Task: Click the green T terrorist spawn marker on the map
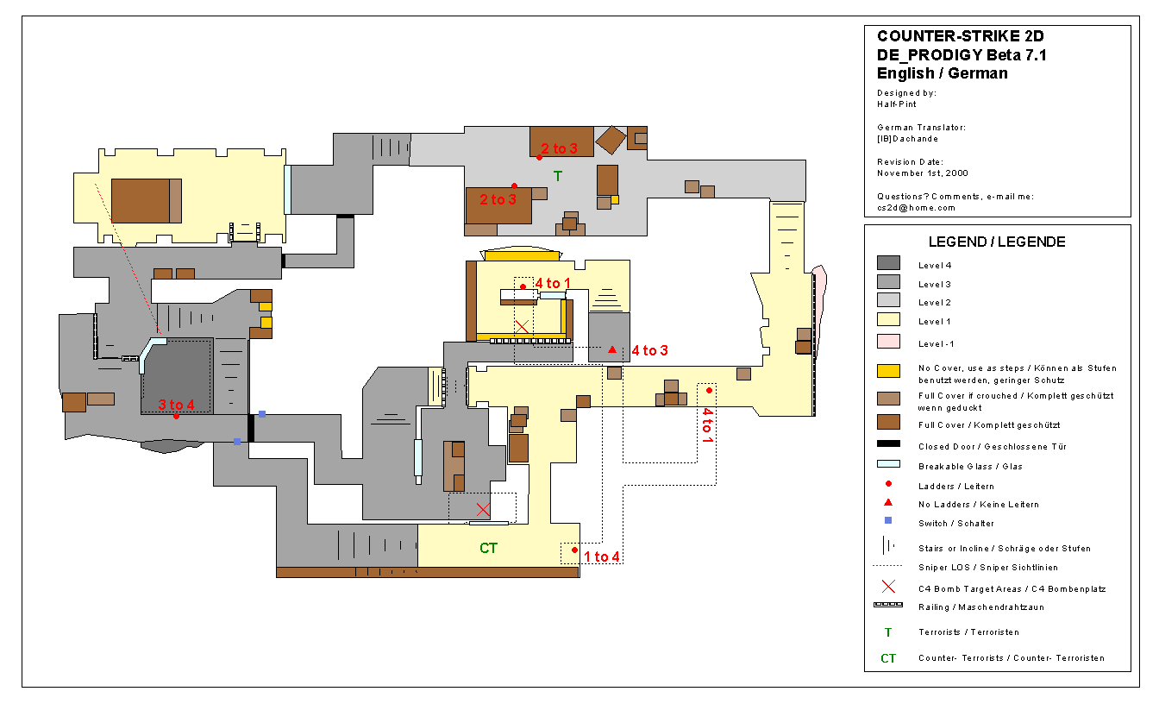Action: pos(558,177)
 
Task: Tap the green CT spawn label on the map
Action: pos(488,548)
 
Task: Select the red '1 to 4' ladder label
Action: pos(601,556)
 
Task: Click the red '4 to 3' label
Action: pos(650,350)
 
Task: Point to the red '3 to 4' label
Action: pos(177,405)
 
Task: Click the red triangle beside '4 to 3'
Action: pos(612,349)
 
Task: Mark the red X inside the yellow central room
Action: pos(522,327)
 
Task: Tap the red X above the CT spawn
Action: pos(483,509)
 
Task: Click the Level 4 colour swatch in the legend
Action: pos(888,263)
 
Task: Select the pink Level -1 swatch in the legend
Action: pos(888,342)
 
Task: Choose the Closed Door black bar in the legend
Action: pos(888,443)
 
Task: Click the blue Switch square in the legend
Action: pos(888,520)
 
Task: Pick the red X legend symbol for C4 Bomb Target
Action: pos(888,587)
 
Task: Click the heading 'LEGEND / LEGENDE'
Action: pos(997,242)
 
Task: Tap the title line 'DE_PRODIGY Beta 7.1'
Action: pos(962,55)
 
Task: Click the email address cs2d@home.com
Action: pos(917,208)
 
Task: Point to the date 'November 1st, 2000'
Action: pos(923,173)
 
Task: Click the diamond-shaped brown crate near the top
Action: pos(611,140)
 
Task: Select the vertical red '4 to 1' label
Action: pos(708,425)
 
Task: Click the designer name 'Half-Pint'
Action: pos(897,104)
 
